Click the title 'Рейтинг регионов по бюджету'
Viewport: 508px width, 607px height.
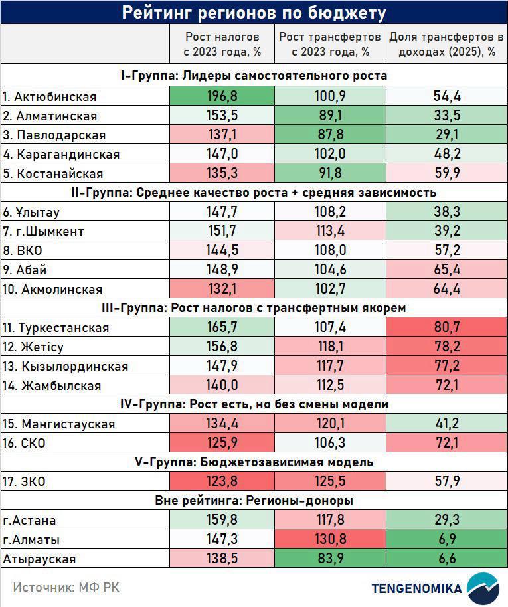coord(254,13)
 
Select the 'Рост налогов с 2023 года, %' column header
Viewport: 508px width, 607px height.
coord(222,44)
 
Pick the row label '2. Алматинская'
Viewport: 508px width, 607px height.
coord(50,116)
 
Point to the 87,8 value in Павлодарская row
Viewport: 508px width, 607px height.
coord(330,135)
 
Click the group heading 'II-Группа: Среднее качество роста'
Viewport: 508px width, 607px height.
coord(254,193)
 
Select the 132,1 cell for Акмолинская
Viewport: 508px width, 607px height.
coord(222,289)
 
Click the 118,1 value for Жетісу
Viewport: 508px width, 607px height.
coord(330,347)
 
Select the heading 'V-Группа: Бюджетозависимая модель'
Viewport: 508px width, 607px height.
coord(254,462)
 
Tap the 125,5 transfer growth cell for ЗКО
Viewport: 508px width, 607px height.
coord(330,481)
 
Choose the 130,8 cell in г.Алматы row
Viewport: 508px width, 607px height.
coord(330,539)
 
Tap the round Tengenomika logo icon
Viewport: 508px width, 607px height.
coord(483,588)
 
